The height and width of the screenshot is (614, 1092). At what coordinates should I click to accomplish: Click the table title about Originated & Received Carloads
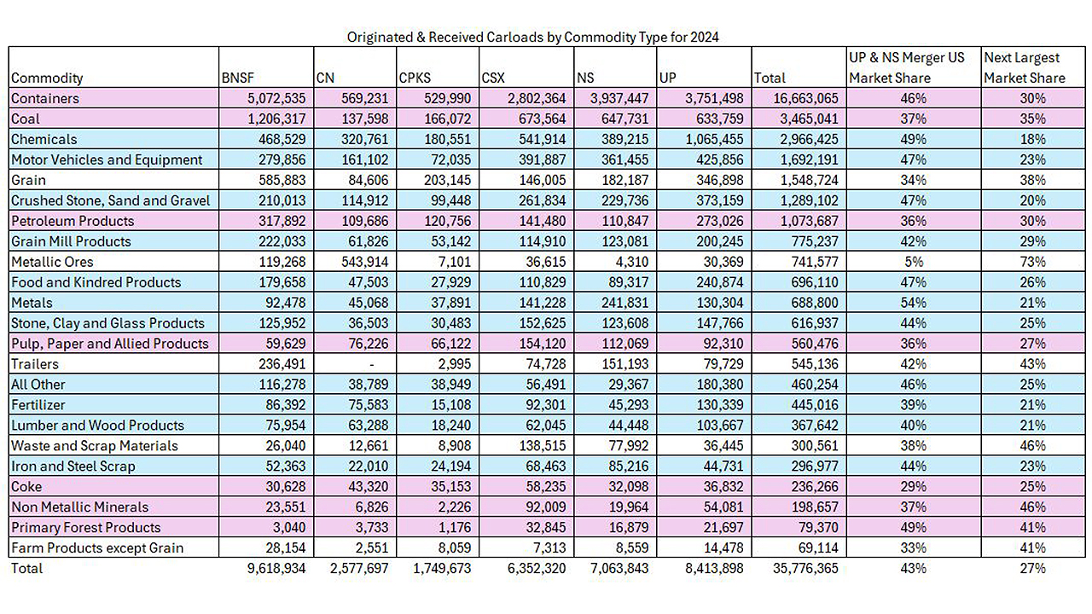click(x=532, y=37)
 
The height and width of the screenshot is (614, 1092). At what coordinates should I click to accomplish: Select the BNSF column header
click(x=238, y=78)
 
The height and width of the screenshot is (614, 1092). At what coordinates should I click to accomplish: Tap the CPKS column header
click(x=415, y=78)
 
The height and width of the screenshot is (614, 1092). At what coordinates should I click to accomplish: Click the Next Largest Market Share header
click(x=1025, y=67)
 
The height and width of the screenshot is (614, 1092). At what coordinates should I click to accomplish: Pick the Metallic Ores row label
click(x=52, y=262)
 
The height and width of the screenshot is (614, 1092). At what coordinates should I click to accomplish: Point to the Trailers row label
click(x=35, y=364)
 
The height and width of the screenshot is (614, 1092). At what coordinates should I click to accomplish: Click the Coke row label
click(x=26, y=486)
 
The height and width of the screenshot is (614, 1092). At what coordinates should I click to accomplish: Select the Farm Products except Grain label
click(x=97, y=547)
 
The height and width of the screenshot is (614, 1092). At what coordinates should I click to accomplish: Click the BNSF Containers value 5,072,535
click(x=276, y=98)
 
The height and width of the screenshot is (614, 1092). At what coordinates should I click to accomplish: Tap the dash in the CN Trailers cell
click(x=372, y=364)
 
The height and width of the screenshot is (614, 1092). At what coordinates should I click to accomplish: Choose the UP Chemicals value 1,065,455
click(x=714, y=139)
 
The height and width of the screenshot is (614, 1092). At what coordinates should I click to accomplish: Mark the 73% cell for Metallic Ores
click(x=1032, y=262)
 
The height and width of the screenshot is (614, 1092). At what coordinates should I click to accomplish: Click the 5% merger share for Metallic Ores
click(x=914, y=262)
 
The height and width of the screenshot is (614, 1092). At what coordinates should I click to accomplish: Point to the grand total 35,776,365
click(x=805, y=568)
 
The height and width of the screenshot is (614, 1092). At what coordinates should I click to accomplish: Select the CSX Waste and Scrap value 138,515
click(x=545, y=445)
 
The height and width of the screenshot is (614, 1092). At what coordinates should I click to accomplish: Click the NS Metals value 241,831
click(x=628, y=303)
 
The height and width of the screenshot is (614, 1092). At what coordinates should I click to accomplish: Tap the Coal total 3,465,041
click(x=809, y=119)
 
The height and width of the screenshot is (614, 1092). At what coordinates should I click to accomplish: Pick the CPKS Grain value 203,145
click(x=450, y=180)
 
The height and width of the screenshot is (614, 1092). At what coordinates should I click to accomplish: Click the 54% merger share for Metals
click(x=913, y=303)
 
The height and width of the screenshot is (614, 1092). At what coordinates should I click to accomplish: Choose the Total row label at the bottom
click(x=26, y=568)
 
